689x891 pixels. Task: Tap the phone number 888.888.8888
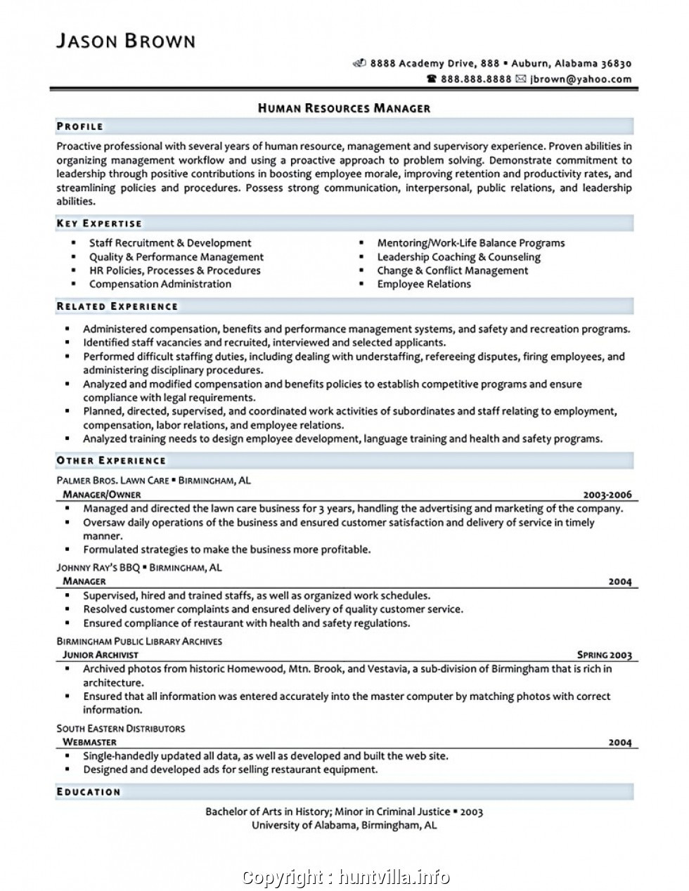476,79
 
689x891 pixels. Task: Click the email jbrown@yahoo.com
581,79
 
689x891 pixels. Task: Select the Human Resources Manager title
344,108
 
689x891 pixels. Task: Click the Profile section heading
80,126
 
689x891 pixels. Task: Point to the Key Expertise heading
99,223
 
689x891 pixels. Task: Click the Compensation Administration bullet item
160,284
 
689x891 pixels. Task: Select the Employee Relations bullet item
424,284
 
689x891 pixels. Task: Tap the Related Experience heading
117,306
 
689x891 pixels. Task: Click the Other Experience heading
111,460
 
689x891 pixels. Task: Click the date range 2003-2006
607,495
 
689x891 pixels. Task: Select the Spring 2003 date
604,655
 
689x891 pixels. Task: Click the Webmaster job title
89,742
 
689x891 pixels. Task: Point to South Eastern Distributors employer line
120,728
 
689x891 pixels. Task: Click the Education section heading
89,792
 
